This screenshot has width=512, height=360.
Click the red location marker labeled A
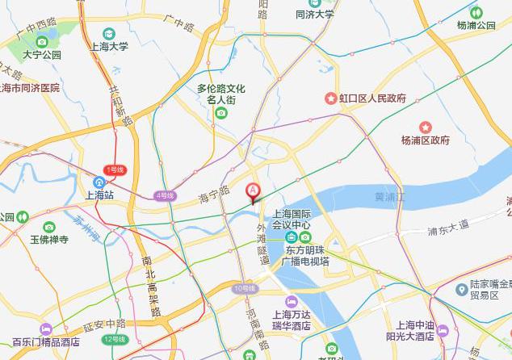(x=253, y=192)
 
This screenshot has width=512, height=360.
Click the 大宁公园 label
(x=42, y=56)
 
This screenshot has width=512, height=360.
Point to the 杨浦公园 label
(x=476, y=25)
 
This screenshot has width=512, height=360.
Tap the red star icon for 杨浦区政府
(x=426, y=127)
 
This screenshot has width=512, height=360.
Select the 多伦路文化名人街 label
(x=221, y=94)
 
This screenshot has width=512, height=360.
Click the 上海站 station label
(x=101, y=195)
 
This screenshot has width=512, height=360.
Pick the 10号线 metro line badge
(x=244, y=288)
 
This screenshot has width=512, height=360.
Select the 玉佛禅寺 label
(x=60, y=240)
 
